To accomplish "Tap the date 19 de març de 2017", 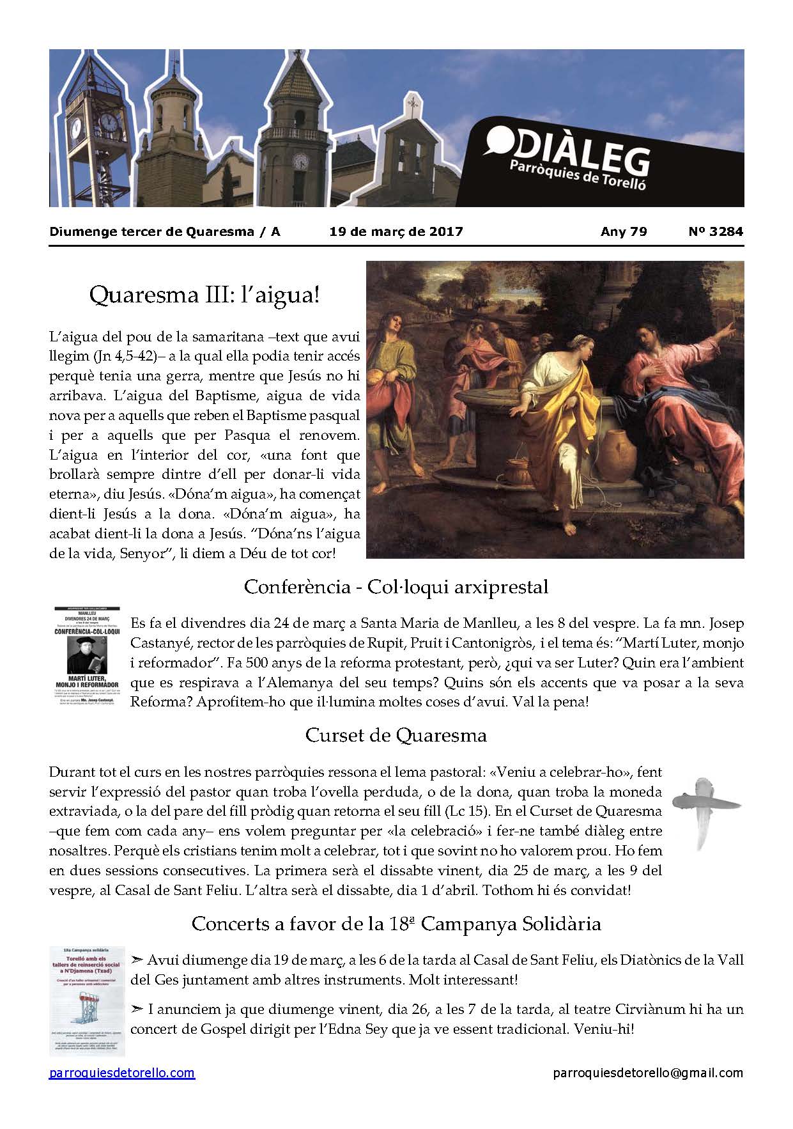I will point(396,231).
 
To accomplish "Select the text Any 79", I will point(624,231).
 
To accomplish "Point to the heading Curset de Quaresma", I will point(396,735).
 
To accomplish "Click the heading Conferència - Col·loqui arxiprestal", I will point(396,586).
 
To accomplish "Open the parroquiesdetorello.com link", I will point(122,1073).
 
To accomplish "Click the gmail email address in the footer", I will point(648,1073).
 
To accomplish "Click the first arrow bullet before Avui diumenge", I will point(137,960).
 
